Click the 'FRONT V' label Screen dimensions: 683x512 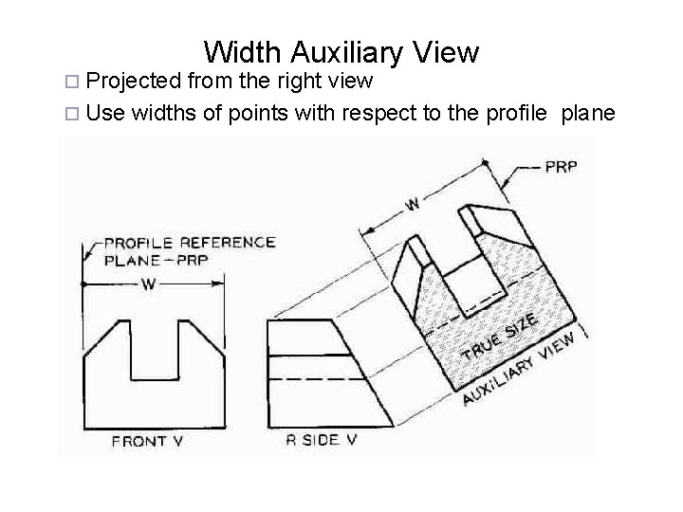click(x=139, y=440)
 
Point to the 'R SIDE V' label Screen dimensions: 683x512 click(x=322, y=439)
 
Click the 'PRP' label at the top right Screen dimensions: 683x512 click(x=561, y=167)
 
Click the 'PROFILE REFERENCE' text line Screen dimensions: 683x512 click(x=190, y=242)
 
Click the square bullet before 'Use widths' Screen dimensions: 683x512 click(x=76, y=115)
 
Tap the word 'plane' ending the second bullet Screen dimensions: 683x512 click(x=588, y=114)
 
